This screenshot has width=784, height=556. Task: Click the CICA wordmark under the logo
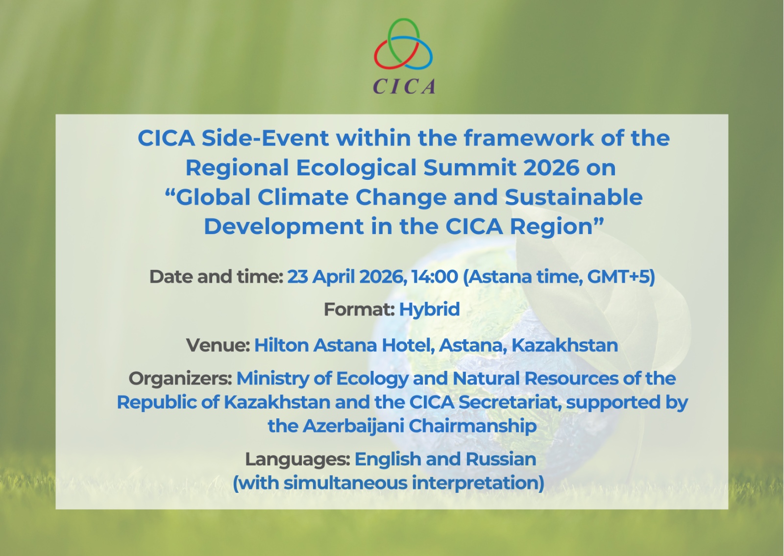[404, 86]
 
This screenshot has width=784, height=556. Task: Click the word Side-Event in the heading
[265, 138]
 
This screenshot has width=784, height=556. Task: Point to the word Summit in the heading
[473, 168]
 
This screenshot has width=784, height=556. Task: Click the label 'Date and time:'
[216, 277]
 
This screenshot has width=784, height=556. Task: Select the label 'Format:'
[359, 309]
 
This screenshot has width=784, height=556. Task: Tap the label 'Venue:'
[218, 345]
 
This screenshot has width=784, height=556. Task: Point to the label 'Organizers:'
[180, 379]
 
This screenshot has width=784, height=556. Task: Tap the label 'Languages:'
[297, 459]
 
